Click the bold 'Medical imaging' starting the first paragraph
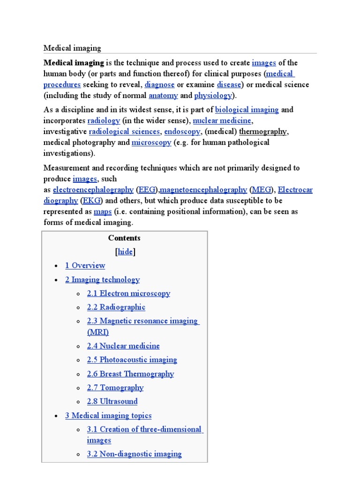pos(74,63)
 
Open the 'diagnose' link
pos(159,85)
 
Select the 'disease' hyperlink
pos(229,85)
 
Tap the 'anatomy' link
pos(163,96)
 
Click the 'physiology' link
pos(213,96)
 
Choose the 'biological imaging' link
pos(247,110)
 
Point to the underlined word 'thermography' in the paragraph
pos(263,132)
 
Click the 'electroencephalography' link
pos(93,190)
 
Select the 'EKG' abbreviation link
pos(91,201)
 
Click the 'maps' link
pos(103,212)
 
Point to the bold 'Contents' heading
pos(124,238)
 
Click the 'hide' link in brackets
pos(125,252)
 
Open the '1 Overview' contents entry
pos(85,266)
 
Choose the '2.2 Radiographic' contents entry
pos(116,307)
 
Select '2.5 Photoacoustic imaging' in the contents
pos(132,360)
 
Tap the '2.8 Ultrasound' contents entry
pos(112,402)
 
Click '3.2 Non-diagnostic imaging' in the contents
pos(134,454)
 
